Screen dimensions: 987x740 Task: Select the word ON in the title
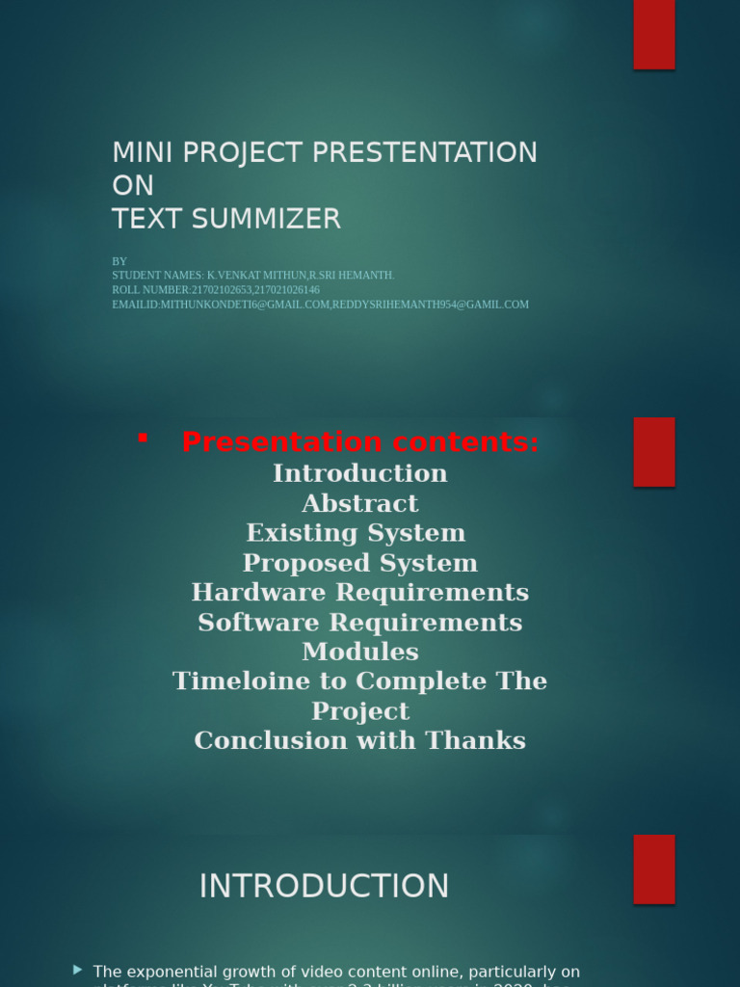click(133, 185)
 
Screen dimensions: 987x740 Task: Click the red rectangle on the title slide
click(654, 35)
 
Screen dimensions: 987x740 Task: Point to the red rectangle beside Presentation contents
click(654, 452)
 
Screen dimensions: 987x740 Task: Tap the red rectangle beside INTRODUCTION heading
click(654, 868)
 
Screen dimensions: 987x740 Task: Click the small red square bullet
click(143, 439)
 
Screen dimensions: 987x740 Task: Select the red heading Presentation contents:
click(360, 442)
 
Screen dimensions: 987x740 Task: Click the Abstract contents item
click(360, 503)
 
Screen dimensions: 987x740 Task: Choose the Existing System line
click(356, 533)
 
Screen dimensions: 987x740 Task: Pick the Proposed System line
click(360, 563)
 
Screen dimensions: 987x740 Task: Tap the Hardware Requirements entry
click(360, 592)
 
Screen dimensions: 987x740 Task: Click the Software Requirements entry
click(360, 622)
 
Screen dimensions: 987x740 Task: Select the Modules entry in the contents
click(360, 652)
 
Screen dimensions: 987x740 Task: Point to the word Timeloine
click(232, 681)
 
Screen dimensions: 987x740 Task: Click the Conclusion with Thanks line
click(360, 740)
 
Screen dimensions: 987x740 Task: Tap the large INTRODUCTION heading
click(324, 886)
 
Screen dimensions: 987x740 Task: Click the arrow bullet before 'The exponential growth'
click(78, 969)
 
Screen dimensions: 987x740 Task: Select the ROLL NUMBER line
click(216, 289)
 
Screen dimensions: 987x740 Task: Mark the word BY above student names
click(119, 261)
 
